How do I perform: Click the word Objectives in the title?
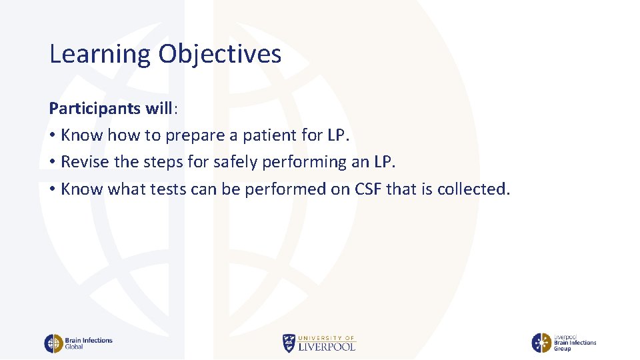coord(219,55)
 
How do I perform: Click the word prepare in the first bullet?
coord(197,135)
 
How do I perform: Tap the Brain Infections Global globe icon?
coord(53,343)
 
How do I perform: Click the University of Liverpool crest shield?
coord(288,343)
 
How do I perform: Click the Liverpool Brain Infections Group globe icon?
coord(541,343)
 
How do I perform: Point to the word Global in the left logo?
coord(74,347)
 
